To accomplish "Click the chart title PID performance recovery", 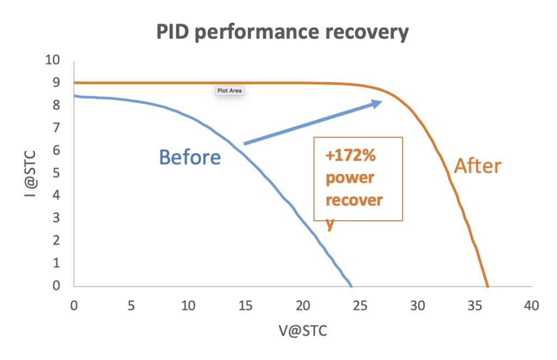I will [282, 32].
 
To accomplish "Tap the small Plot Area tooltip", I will [229, 91].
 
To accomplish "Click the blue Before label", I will [190, 157].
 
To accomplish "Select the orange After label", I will [478, 165].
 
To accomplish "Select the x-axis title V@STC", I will [302, 331].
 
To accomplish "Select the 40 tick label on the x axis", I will [531, 306].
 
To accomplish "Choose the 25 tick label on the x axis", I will [360, 306].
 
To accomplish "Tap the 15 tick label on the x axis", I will [245, 306].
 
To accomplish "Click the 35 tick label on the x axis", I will [474, 306].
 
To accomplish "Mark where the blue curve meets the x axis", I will [351, 286].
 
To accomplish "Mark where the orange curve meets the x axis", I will [487, 286].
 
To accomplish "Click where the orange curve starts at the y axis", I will [75, 83].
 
